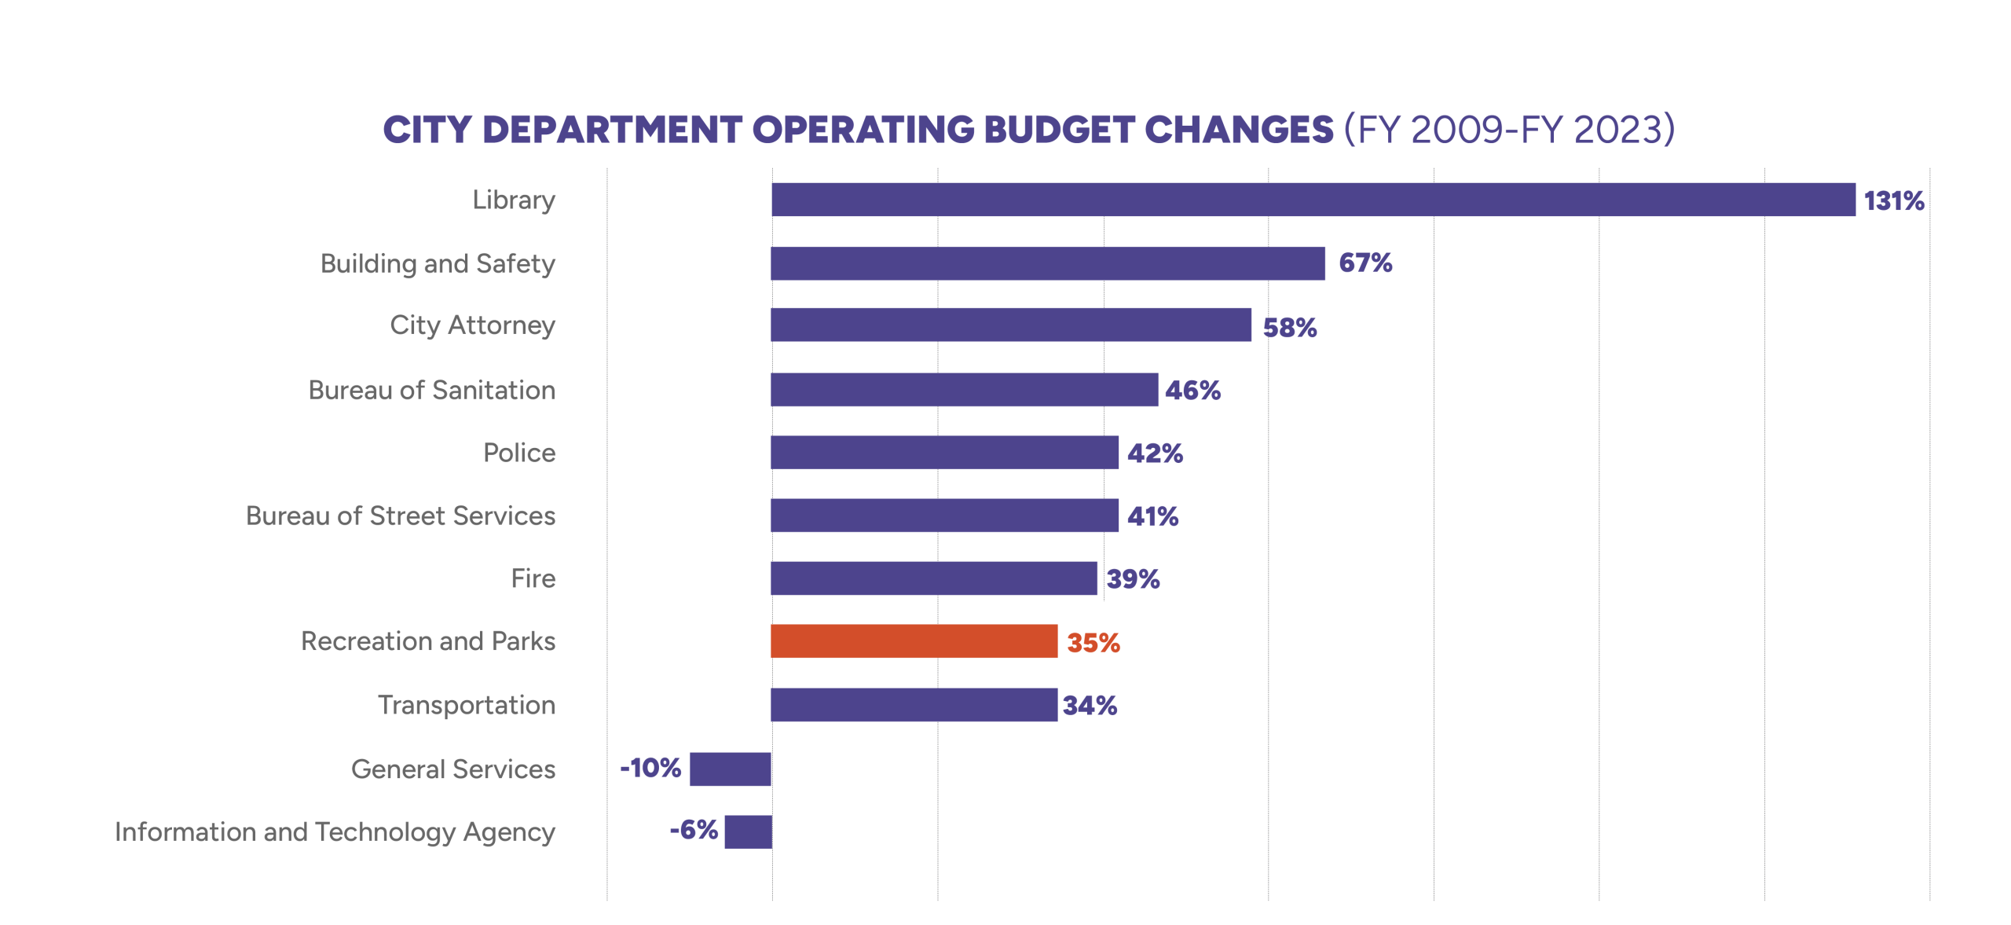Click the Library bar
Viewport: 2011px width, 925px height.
pyautogui.click(x=1313, y=200)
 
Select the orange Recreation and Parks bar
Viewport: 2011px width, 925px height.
pyautogui.click(x=914, y=641)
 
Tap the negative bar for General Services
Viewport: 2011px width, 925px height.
pyautogui.click(x=731, y=769)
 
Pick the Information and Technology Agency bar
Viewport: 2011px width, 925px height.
pyautogui.click(x=748, y=831)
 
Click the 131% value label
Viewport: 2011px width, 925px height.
pyautogui.click(x=1894, y=201)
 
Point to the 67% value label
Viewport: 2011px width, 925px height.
pyautogui.click(x=1365, y=263)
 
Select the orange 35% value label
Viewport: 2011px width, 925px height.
pyautogui.click(x=1093, y=643)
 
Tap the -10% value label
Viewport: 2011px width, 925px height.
pyautogui.click(x=650, y=768)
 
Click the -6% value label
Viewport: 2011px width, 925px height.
pyautogui.click(x=694, y=830)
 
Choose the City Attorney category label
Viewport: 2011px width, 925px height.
pyautogui.click(x=473, y=326)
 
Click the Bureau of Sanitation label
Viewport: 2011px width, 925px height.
pyautogui.click(x=431, y=390)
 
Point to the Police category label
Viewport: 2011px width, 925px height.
pyautogui.click(x=519, y=453)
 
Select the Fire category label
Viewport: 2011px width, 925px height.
pyautogui.click(x=533, y=578)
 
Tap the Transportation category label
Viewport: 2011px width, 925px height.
pyautogui.click(x=467, y=705)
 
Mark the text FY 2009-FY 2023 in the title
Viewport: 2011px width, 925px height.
pyautogui.click(x=1509, y=130)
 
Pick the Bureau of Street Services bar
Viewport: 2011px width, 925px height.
pyautogui.click(x=945, y=516)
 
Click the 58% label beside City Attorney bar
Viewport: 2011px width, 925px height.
pyautogui.click(x=1290, y=328)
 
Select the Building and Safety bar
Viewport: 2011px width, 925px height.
pyautogui.click(x=1048, y=263)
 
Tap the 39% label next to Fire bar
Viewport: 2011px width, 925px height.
pyautogui.click(x=1133, y=579)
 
